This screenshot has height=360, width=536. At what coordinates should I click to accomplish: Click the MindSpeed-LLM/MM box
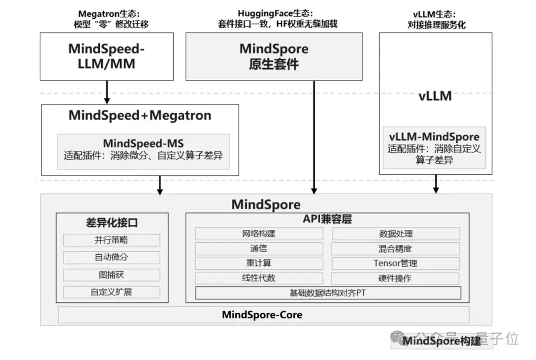[x=107, y=56]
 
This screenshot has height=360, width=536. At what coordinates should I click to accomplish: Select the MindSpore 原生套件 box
[x=274, y=56]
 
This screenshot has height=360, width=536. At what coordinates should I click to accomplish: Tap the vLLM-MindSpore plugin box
[x=435, y=147]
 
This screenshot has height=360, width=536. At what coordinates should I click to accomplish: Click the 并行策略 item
[x=112, y=240]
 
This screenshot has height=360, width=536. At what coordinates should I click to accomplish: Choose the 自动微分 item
[x=112, y=257]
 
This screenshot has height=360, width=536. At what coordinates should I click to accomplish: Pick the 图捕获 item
[x=112, y=275]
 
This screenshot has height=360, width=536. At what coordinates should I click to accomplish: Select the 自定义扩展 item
[x=112, y=292]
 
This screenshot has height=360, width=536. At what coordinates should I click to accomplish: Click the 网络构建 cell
[x=259, y=233]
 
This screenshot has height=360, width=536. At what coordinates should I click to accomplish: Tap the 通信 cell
[x=259, y=248]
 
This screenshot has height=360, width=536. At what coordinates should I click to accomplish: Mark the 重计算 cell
[x=259, y=263]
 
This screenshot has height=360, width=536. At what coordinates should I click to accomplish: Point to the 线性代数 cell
[x=259, y=278]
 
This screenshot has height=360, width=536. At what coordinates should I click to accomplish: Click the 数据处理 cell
[x=396, y=233]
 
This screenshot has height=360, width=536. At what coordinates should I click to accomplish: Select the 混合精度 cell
[x=396, y=248]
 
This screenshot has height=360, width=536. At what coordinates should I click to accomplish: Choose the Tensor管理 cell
[x=396, y=263]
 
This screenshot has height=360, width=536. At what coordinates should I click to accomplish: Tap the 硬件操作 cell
[x=396, y=278]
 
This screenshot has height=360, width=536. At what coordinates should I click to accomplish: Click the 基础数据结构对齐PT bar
[x=328, y=293]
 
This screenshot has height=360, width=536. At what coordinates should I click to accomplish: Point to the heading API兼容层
[x=327, y=219]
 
